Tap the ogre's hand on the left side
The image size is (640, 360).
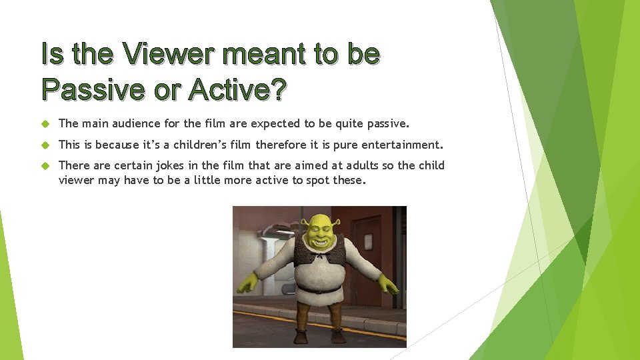(246, 283)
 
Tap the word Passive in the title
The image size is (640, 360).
(93, 89)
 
